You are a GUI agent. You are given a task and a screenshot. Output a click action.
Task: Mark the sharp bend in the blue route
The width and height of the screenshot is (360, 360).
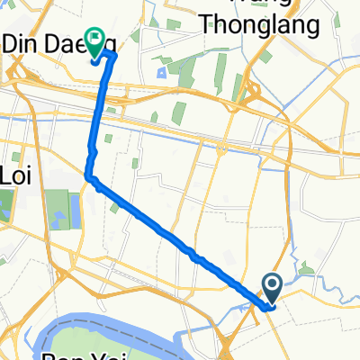pyautogui.click(x=89, y=176)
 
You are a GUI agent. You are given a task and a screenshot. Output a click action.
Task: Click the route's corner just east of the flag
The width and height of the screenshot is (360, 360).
pyautogui.click(x=114, y=56)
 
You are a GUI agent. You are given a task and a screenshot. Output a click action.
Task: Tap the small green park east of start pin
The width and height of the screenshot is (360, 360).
pyautogui.click(x=307, y=267)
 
